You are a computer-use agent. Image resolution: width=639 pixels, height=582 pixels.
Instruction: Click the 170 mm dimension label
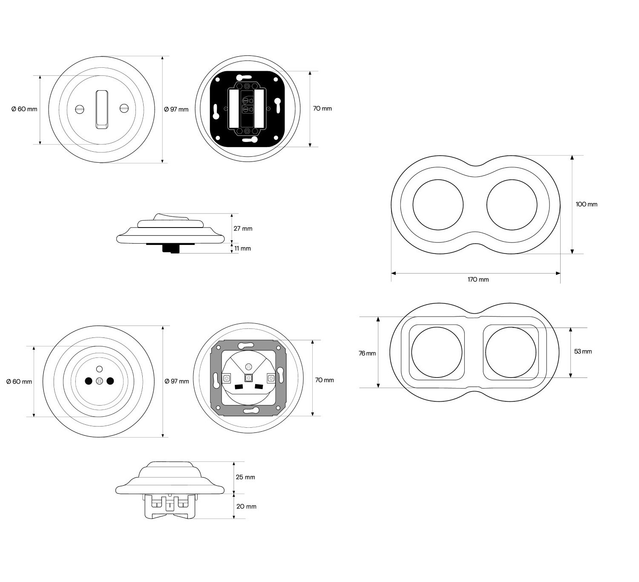(x=478, y=279)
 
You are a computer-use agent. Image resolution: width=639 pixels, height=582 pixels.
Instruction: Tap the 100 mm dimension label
(x=587, y=205)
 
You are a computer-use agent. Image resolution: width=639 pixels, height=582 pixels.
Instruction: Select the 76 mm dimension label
(x=367, y=353)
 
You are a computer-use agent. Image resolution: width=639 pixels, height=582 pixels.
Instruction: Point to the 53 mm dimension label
(x=583, y=351)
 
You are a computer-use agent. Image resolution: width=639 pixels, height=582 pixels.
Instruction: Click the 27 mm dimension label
(x=243, y=228)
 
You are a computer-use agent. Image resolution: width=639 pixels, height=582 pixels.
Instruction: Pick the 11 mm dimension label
(x=242, y=248)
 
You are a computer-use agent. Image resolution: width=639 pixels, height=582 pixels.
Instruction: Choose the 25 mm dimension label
(x=245, y=477)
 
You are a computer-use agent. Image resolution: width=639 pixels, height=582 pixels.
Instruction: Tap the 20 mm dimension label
(x=246, y=507)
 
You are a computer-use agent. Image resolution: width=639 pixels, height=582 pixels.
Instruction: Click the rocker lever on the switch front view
(x=102, y=109)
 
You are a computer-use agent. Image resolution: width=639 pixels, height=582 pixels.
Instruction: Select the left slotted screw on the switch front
(x=80, y=109)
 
